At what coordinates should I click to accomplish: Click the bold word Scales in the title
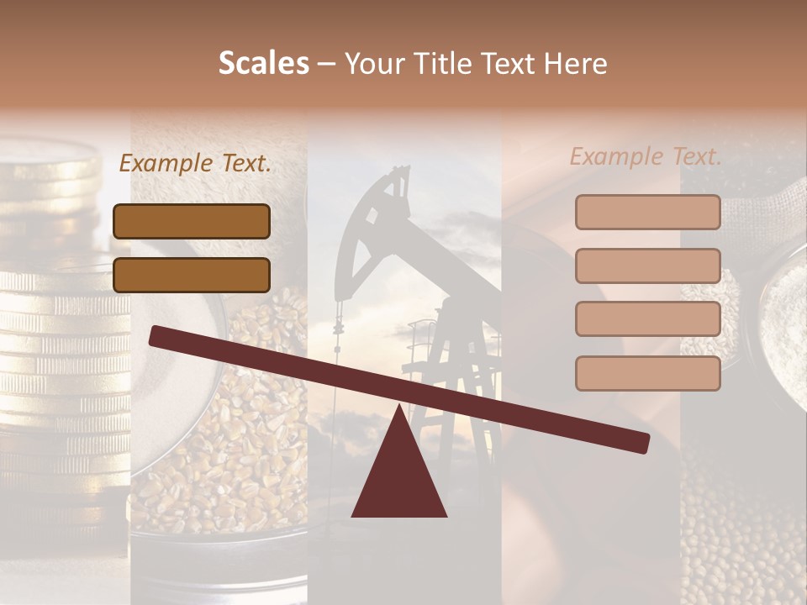pos(263,63)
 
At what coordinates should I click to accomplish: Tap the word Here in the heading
pos(576,63)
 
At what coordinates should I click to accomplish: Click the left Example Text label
pos(195,163)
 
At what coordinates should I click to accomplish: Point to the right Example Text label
pos(646,156)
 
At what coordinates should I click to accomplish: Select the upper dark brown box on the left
pos(192,221)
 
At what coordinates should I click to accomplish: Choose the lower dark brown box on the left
pos(192,275)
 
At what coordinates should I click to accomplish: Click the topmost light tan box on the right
pos(647,212)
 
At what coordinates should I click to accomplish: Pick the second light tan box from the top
pos(647,266)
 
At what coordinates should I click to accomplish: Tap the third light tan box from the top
pos(647,319)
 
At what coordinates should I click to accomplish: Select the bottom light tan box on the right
pos(647,373)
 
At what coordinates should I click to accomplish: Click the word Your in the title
pos(374,63)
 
